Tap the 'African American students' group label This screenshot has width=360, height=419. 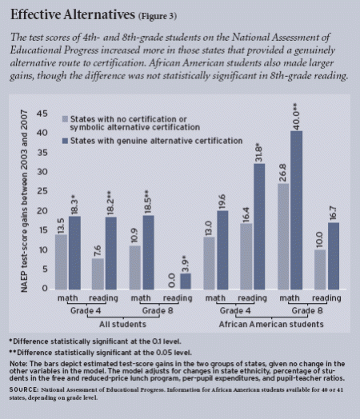(x=274, y=325)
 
